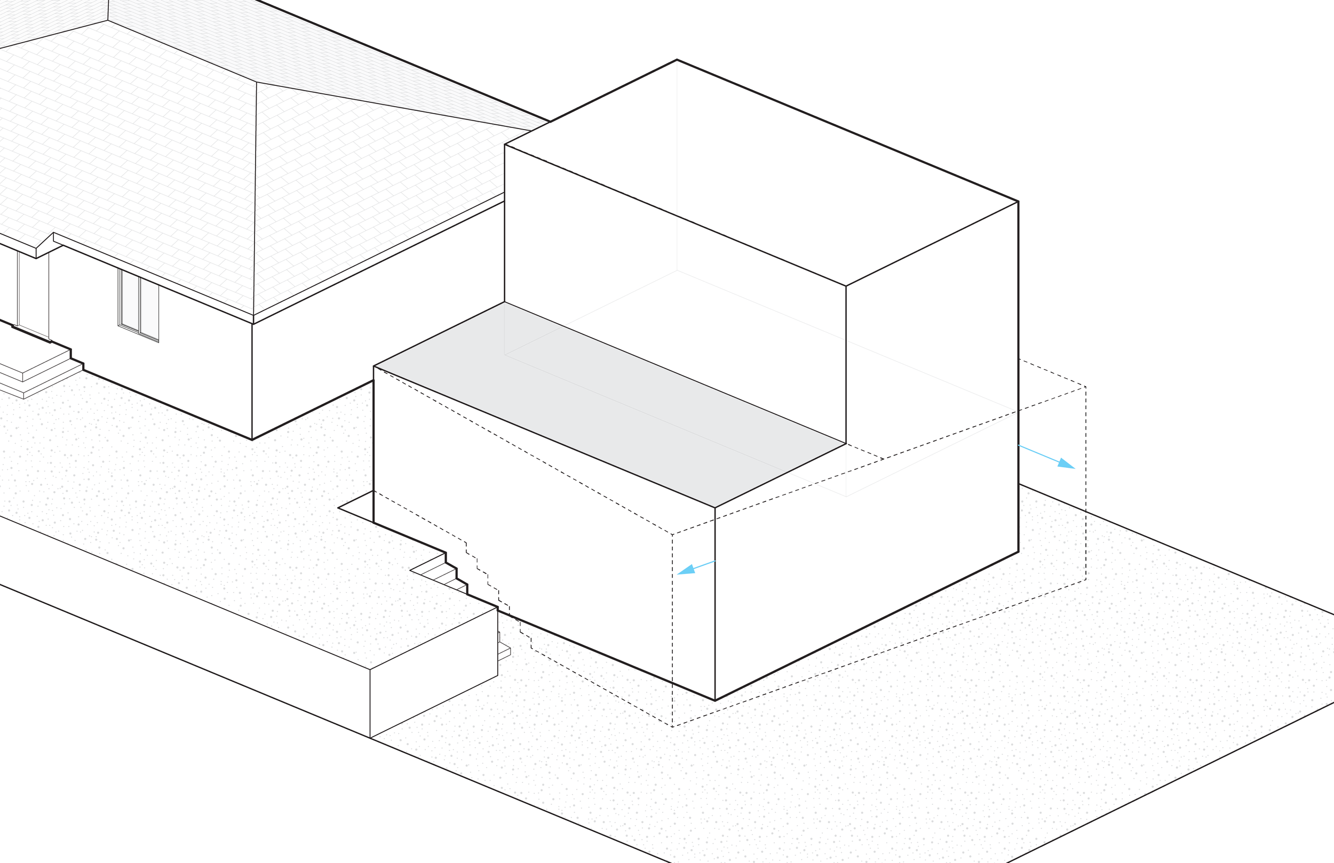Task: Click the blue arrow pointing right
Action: [1047, 457]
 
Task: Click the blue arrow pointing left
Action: [695, 568]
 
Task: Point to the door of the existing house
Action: [33, 294]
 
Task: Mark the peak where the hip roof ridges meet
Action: [257, 83]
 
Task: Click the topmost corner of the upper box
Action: [677, 59]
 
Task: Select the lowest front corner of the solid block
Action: [714, 700]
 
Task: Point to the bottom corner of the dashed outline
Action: [673, 727]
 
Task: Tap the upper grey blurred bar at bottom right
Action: [1283, 761]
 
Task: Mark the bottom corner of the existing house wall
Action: [252, 440]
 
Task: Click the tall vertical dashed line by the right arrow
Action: [1086, 482]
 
